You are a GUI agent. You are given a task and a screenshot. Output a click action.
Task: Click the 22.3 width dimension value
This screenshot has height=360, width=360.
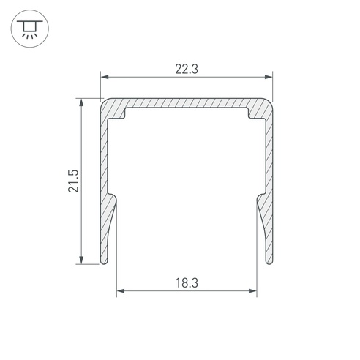pos(187,69)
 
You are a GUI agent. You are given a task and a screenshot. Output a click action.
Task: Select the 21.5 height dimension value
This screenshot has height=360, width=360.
pos(73,181)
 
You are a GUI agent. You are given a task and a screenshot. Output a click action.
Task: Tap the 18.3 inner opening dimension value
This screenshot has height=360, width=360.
pos(187,283)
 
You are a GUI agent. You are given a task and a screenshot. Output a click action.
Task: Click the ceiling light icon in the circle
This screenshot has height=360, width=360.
pos(30,29)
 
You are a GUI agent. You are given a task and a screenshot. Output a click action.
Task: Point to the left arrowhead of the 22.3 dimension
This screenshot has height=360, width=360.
pos(105,77)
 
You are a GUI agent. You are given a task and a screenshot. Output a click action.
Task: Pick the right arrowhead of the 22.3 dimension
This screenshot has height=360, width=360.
pos(269,77)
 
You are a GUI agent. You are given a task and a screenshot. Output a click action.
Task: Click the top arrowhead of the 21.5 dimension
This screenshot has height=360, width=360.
pos(81,102)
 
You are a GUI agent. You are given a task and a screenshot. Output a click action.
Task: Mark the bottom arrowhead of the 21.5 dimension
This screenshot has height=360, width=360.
pos(81,260)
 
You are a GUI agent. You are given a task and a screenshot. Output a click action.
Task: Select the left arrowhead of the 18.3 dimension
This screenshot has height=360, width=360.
pos(121,290)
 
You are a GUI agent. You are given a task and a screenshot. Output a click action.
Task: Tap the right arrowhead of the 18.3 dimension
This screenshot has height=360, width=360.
pos(252,290)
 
